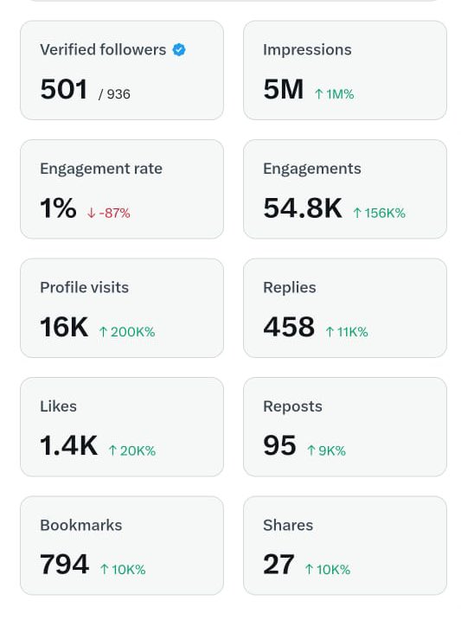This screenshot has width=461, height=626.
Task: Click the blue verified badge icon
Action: click(179, 50)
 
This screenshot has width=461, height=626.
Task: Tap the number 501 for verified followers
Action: click(63, 89)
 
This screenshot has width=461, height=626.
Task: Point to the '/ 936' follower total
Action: click(114, 94)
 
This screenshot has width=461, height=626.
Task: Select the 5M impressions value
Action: click(283, 89)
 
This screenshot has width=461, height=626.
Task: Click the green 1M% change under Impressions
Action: click(335, 94)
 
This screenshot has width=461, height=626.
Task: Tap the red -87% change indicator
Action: click(109, 213)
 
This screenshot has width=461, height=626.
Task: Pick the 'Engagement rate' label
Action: click(100, 169)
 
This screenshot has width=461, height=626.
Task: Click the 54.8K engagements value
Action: click(303, 208)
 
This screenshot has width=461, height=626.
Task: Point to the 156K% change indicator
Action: click(379, 213)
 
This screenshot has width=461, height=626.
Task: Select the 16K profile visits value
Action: click(64, 327)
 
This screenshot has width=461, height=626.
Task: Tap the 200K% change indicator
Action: click(127, 332)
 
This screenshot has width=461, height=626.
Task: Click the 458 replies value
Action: click(289, 327)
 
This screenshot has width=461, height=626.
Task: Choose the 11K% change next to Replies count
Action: click(347, 332)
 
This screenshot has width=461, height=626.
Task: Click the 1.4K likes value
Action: click(68, 445)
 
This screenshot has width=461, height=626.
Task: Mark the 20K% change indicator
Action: click(132, 450)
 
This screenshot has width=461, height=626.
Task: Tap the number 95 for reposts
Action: click(279, 445)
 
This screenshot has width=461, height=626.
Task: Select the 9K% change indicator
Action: click(326, 450)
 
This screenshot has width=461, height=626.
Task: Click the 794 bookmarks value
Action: click(64, 565)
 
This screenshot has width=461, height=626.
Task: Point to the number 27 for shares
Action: click(279, 565)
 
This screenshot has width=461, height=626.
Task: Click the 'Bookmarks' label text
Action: click(80, 525)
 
